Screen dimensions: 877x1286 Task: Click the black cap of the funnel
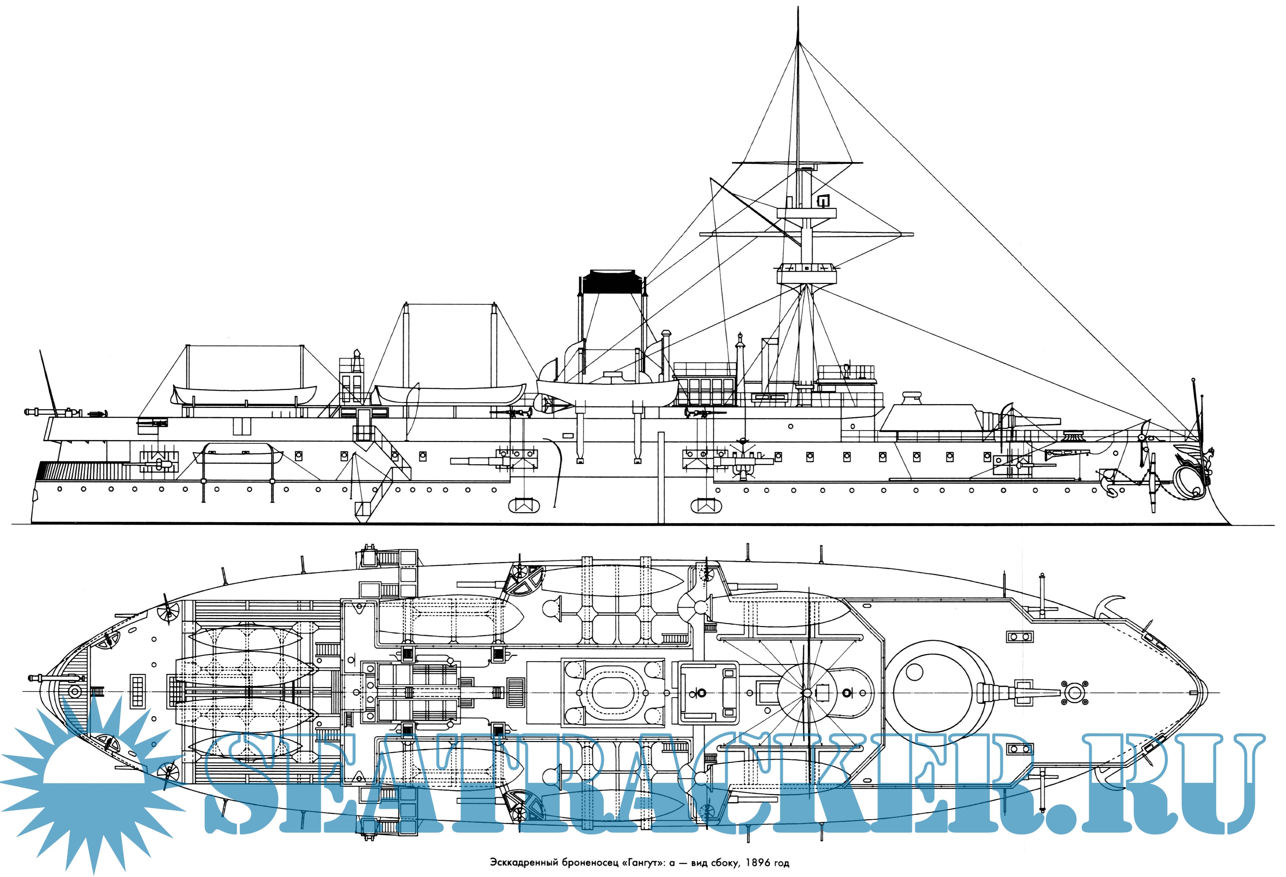[611, 283]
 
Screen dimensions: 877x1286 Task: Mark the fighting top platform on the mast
[806, 273]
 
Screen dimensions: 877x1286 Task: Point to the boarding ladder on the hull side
[382, 476]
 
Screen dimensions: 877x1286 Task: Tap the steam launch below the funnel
[608, 391]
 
